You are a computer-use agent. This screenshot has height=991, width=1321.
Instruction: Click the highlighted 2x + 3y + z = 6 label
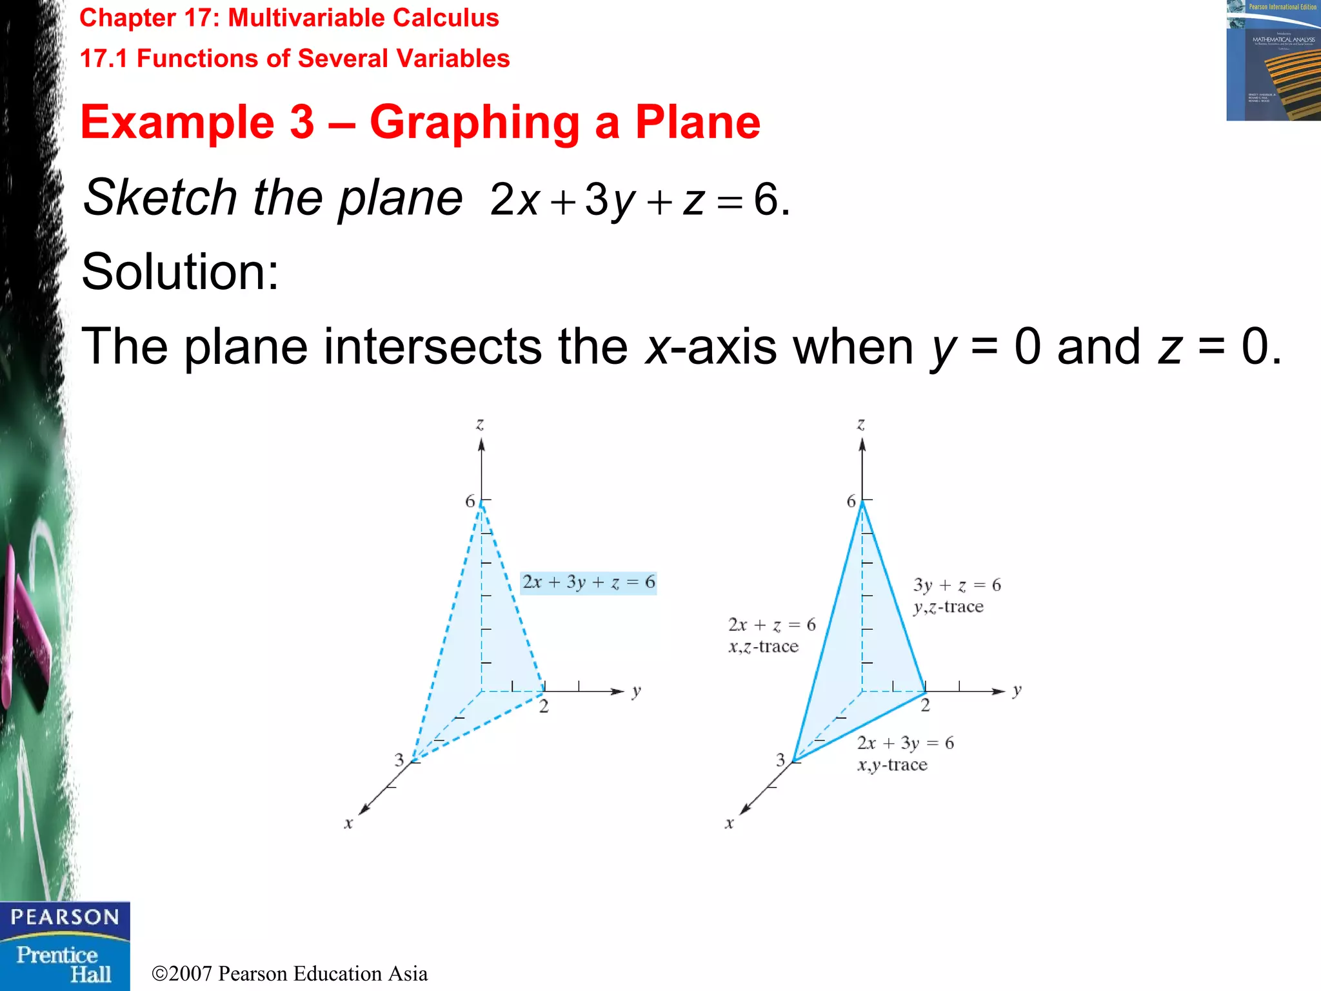point(588,583)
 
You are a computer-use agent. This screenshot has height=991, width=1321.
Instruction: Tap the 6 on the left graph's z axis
point(470,501)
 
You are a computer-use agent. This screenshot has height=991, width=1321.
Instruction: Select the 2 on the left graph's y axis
point(544,706)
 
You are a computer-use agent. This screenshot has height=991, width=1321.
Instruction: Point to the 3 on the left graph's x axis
point(399,760)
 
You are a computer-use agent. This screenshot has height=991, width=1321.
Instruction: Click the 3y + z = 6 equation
point(957,585)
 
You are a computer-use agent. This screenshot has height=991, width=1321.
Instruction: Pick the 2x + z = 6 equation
point(771,625)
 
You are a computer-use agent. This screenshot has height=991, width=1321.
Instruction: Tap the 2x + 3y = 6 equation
point(905,743)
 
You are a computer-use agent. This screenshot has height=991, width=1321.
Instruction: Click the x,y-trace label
point(892,765)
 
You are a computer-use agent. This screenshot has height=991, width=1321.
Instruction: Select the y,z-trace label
point(948,607)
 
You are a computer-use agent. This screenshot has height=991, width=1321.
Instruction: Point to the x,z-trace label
point(764,646)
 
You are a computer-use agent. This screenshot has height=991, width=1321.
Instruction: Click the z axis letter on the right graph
point(860,425)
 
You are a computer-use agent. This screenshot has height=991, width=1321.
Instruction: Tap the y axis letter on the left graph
point(637,692)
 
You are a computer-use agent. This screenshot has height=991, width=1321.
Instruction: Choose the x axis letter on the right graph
point(730,823)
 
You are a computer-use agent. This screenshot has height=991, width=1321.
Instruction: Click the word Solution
point(180,272)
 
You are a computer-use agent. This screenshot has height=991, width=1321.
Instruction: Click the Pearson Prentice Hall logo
point(65,946)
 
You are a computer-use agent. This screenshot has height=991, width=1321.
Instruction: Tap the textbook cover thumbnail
point(1273,61)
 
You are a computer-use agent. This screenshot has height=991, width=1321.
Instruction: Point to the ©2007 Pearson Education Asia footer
point(290,974)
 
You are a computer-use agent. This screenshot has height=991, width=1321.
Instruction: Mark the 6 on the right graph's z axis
point(851,501)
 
